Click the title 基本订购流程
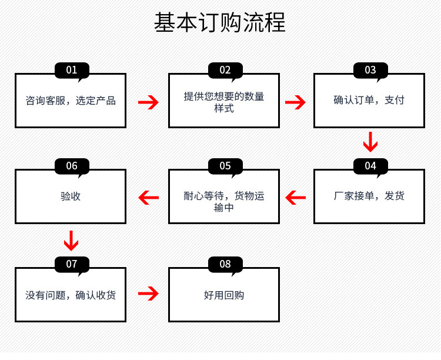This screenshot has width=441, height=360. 220,23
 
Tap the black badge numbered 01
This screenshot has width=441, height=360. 72,71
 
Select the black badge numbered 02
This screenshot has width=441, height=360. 225,71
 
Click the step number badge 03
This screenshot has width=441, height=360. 370,71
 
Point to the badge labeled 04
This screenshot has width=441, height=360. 370,166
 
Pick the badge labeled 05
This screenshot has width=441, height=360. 225,166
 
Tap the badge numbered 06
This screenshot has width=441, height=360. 72,166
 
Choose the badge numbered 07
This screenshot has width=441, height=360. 72,264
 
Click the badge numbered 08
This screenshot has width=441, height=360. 225,264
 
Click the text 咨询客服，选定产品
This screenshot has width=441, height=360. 71,101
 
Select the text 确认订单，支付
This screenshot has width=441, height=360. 369,101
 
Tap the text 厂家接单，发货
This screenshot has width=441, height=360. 369,196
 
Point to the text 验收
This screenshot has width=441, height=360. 71,196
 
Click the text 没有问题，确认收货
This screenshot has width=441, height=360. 71,295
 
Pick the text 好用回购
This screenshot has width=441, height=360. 224,295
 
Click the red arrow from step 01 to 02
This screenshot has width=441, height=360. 148,102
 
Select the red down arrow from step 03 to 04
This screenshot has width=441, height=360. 370,142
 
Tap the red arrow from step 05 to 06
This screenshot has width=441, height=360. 148,198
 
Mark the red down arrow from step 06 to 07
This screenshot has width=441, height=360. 71,240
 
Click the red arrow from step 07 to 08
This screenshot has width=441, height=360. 148,294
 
